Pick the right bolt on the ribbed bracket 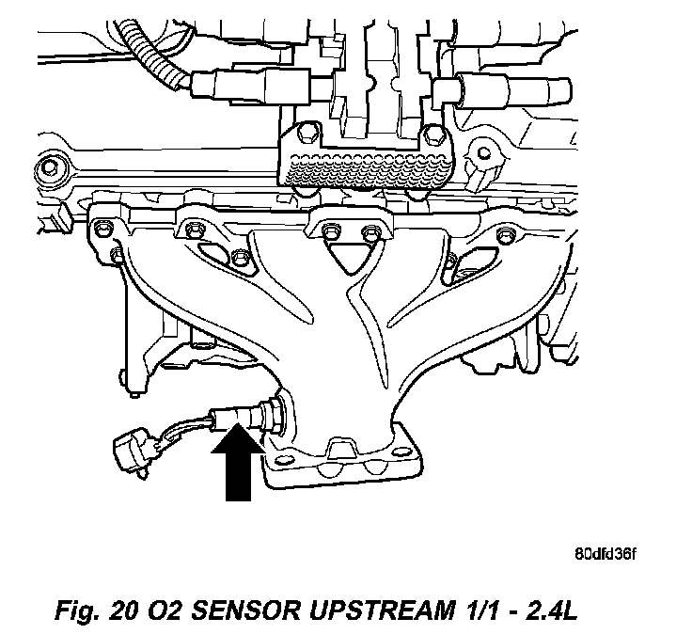point(432,131)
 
